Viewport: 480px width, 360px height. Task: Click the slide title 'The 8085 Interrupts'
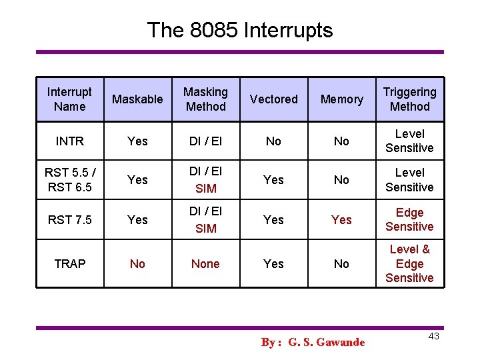point(239,30)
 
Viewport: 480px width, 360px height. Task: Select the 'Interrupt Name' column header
point(70,99)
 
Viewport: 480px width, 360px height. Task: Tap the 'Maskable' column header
point(137,99)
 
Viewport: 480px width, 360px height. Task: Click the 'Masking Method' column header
point(205,99)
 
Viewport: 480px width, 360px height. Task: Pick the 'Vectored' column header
point(273,99)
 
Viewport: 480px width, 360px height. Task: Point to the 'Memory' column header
point(341,99)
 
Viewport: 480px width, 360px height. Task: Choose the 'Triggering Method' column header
point(409,99)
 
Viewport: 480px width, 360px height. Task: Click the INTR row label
point(70,141)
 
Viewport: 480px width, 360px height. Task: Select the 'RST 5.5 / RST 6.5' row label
point(70,180)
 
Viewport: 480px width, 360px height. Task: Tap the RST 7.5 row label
point(70,220)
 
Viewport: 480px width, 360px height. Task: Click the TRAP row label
point(70,264)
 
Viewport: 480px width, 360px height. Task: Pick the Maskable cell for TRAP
point(137,264)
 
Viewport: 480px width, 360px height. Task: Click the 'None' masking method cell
point(205,264)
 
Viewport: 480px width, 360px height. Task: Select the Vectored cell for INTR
point(273,141)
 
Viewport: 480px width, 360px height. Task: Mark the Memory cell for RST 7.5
point(341,220)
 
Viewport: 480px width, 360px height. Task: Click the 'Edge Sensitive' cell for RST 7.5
point(409,220)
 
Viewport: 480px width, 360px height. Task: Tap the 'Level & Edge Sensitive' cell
point(409,263)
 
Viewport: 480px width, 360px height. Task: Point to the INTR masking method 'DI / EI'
point(205,141)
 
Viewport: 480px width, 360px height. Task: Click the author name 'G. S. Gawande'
point(326,342)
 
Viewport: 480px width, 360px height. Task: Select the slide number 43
point(433,336)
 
